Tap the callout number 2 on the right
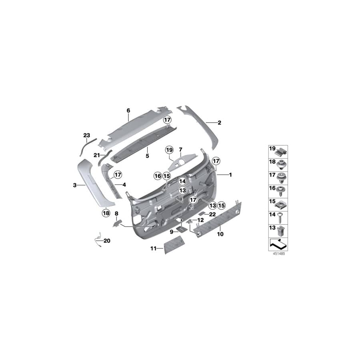[x=219, y=123]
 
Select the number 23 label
[x=87, y=136]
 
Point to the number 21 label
[x=96, y=155]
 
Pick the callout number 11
[x=153, y=248]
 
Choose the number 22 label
[x=212, y=214]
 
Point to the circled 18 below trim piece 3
[x=106, y=213]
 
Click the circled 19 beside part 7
[x=169, y=150]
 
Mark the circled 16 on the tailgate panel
[x=158, y=176]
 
